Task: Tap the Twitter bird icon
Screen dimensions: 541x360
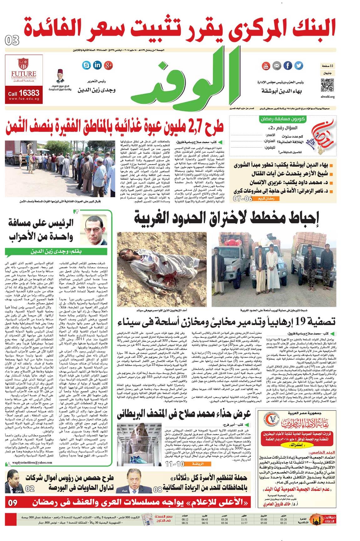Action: click(299, 66)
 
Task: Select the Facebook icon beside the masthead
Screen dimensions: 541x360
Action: click(288, 66)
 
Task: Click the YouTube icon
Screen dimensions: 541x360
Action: click(266, 66)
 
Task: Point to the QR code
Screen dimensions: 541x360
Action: click(327, 85)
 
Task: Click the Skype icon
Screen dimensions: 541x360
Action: click(86, 65)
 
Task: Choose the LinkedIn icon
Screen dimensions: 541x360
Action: click(97, 65)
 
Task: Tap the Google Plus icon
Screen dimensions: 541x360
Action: click(109, 65)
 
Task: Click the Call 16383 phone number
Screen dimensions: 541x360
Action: click(24, 93)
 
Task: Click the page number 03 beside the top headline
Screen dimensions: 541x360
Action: click(12, 40)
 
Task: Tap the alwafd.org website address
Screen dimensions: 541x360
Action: click(328, 97)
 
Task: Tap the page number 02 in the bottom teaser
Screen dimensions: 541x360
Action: click(30, 488)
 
